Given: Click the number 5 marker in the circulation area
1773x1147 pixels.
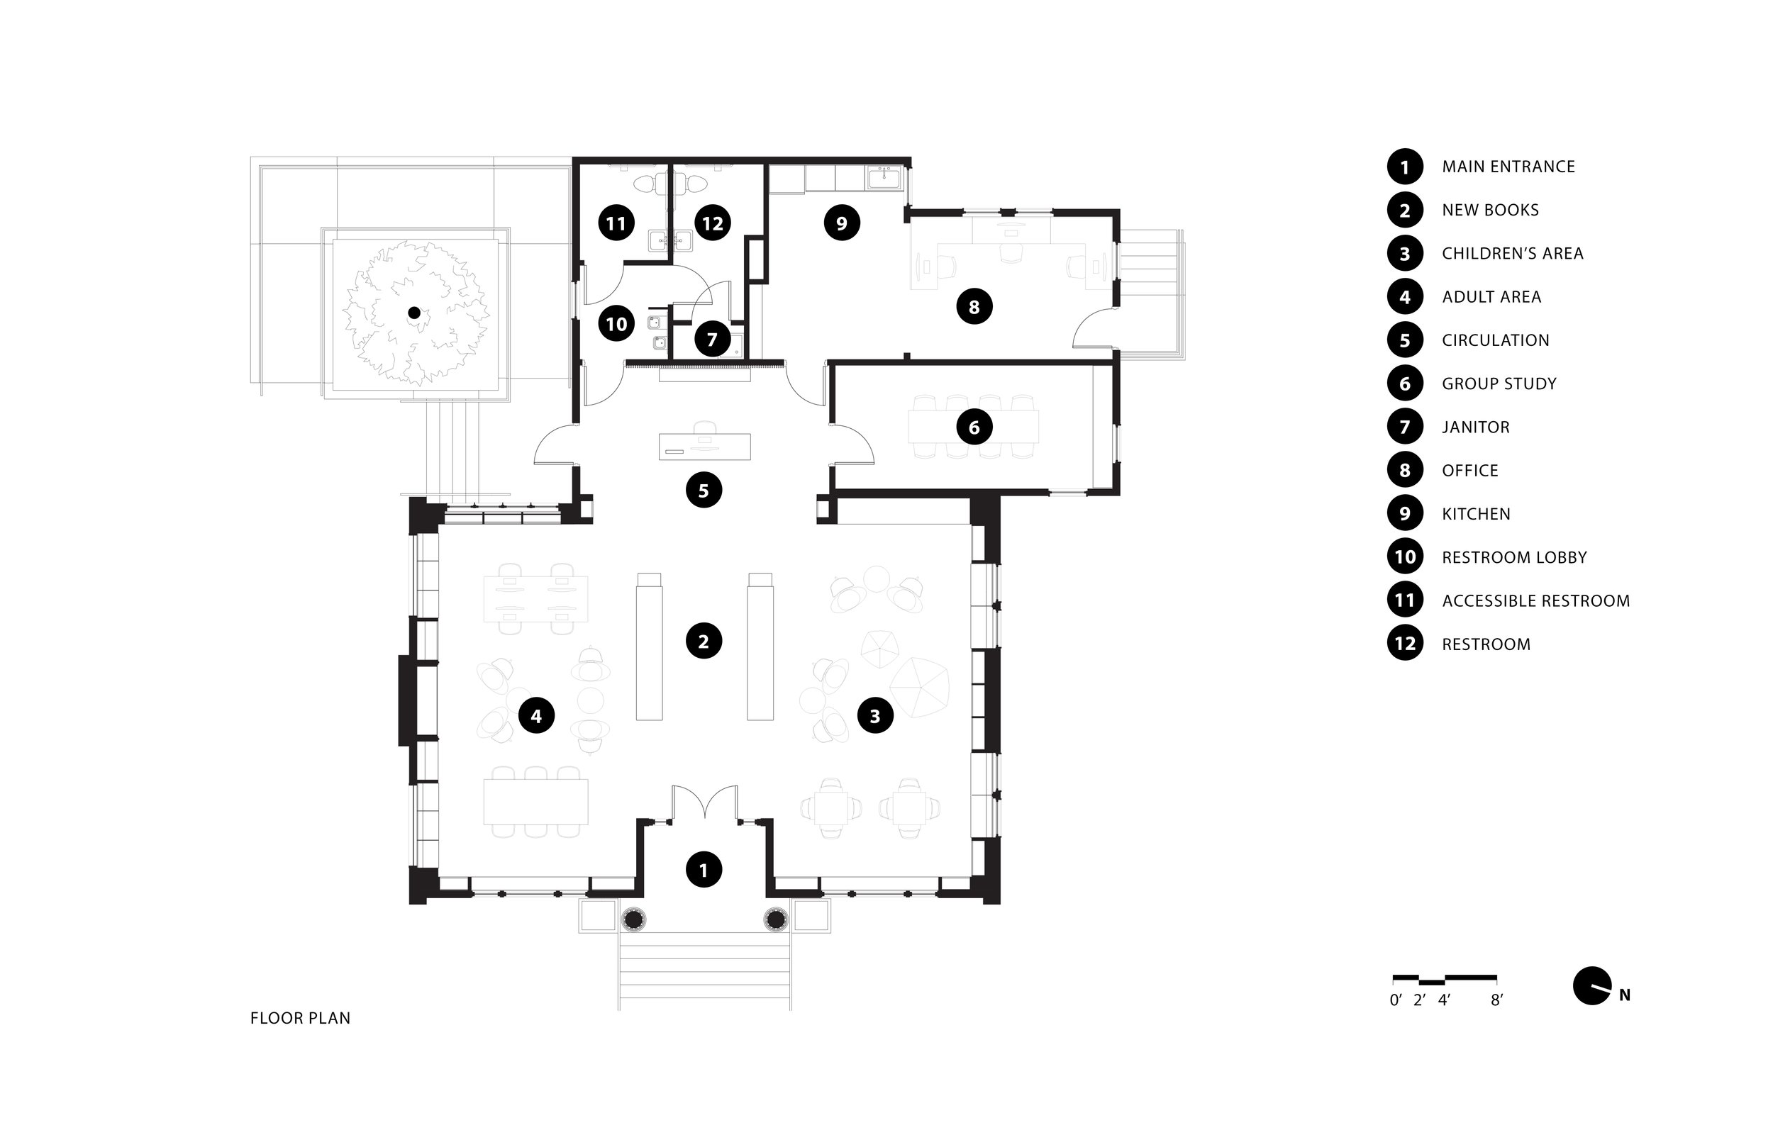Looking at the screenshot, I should point(704,490).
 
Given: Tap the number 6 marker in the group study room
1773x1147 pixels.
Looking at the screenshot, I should point(974,427).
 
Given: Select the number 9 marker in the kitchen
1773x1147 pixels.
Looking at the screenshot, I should point(842,223).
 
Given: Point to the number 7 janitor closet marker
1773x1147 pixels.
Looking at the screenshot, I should point(712,340).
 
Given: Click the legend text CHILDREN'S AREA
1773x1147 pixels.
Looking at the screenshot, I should point(1512,253).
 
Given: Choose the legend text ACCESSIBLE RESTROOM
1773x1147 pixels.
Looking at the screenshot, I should point(1535,601).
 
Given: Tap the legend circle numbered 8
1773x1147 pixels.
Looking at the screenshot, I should point(1405,471).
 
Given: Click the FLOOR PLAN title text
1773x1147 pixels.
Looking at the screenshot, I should point(300,1018).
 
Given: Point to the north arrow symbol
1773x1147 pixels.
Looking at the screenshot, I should point(1592,986).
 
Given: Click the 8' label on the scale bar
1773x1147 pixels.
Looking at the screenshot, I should point(1496,1001).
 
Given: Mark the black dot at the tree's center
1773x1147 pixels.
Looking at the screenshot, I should point(414,313).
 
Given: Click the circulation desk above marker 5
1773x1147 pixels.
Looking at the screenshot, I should point(704,446).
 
